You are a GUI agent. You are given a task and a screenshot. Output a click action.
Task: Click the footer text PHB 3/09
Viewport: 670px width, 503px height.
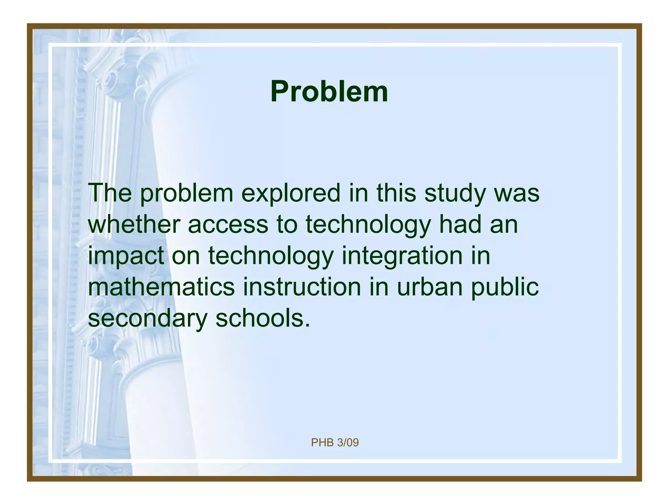pos(335,443)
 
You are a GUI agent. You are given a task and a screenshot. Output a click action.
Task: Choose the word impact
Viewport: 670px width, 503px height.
pos(126,256)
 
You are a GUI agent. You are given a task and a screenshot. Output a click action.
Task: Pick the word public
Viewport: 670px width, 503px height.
pos(505,287)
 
